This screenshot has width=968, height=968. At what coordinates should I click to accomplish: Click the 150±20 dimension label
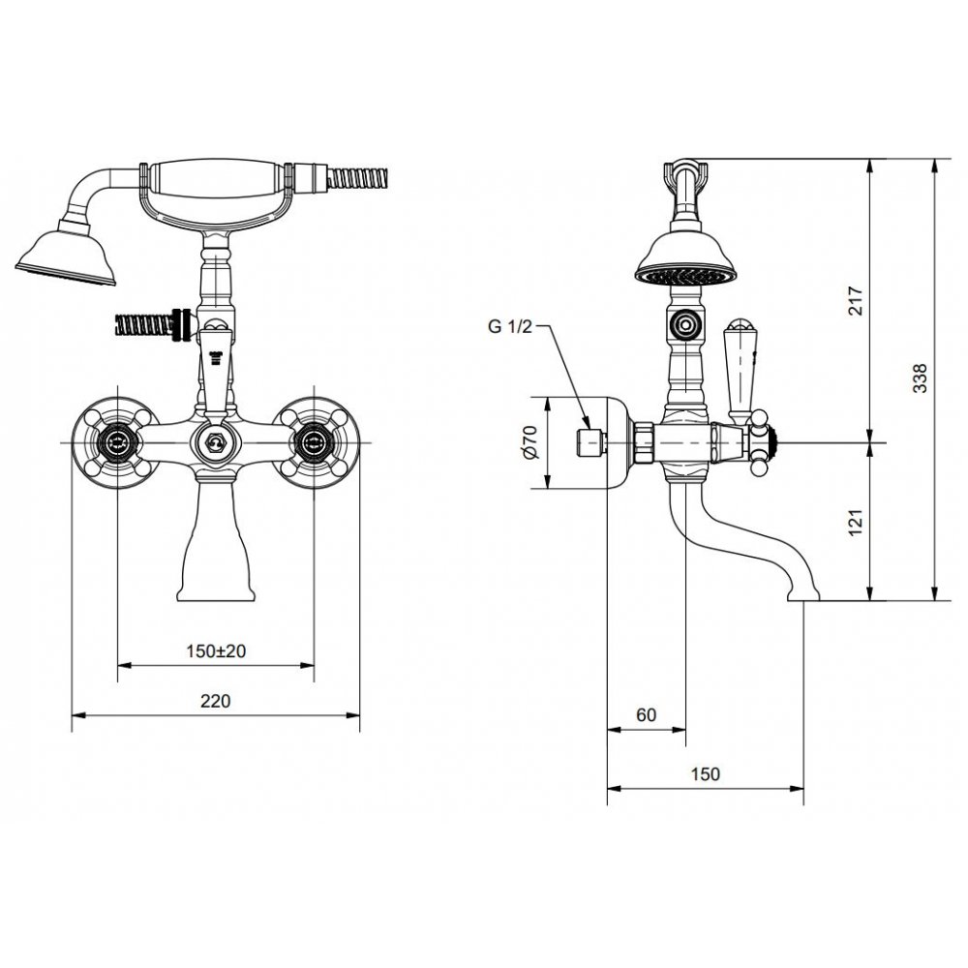point(216,650)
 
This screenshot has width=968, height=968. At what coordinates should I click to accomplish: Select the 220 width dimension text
point(216,701)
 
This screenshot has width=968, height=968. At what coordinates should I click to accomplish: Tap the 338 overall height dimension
point(920,378)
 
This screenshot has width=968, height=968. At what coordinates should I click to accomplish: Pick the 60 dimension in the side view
point(646,715)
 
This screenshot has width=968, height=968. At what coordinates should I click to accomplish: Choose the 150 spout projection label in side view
point(705,773)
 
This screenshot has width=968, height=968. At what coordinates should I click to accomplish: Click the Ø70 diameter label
point(530,442)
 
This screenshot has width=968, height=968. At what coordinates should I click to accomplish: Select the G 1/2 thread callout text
point(509,326)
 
